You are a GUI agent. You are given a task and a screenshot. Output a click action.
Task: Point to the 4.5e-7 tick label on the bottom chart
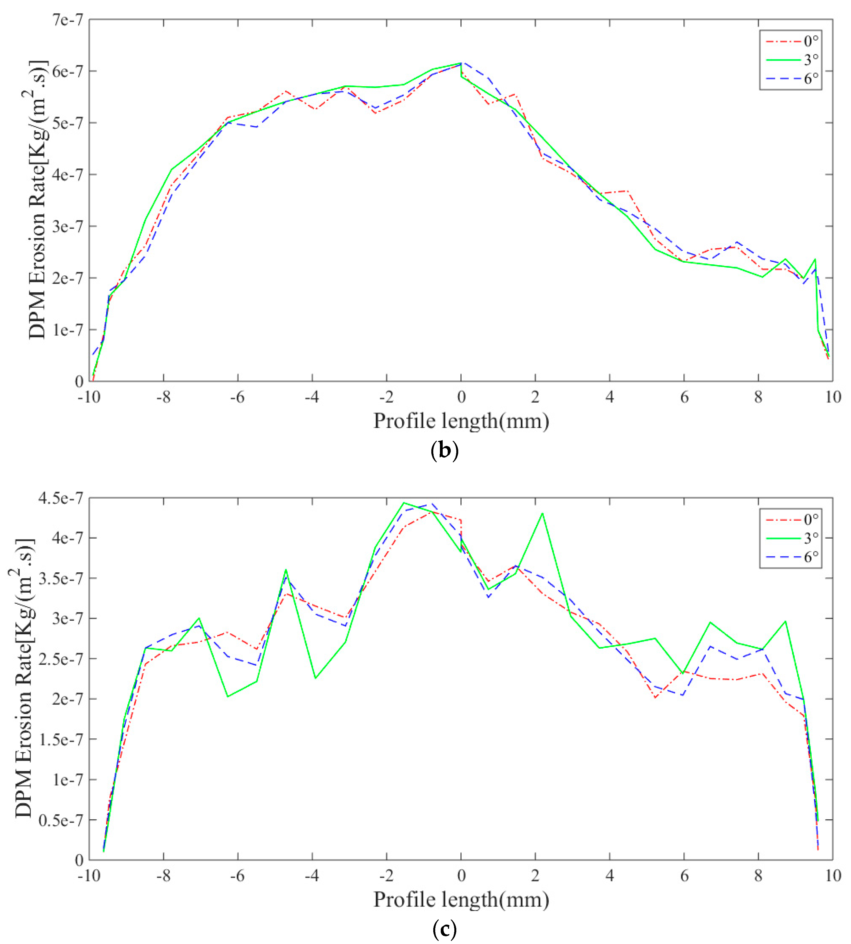[x=61, y=498]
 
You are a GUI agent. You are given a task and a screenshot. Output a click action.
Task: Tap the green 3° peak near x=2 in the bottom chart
[x=542, y=514]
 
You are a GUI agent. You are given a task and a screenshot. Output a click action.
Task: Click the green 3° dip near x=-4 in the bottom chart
[x=316, y=678]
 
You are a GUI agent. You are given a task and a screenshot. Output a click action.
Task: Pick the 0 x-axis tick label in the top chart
[x=461, y=397]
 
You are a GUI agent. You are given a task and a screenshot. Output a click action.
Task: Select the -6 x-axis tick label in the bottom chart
[x=237, y=876]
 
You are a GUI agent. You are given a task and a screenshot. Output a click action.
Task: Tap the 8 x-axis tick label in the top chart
[x=758, y=397]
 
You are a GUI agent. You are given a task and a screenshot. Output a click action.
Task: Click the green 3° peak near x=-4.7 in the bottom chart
[x=286, y=570]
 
